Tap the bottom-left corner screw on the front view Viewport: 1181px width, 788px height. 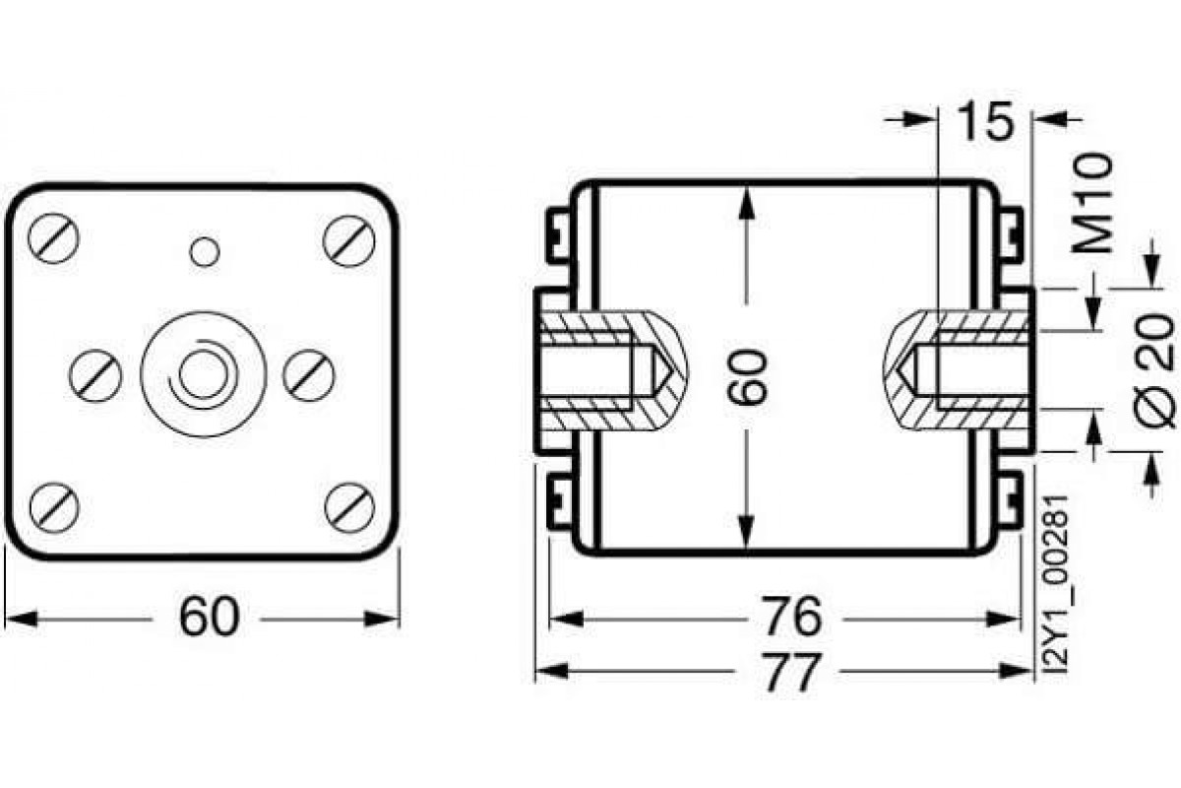pyautogui.click(x=53, y=505)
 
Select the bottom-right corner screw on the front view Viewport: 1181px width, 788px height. pyautogui.click(x=349, y=505)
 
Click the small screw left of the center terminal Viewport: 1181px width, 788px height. pyautogui.click(x=96, y=373)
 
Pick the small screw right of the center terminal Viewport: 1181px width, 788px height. pyautogui.click(x=309, y=373)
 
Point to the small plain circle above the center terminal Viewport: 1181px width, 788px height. pyautogui.click(x=205, y=252)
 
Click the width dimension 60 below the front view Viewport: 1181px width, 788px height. pyautogui.click(x=209, y=619)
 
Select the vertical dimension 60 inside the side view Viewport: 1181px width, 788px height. pyautogui.click(x=748, y=374)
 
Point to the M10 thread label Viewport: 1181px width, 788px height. pyautogui.click(x=1095, y=203)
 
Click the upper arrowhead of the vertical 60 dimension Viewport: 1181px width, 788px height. pyautogui.click(x=748, y=202)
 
